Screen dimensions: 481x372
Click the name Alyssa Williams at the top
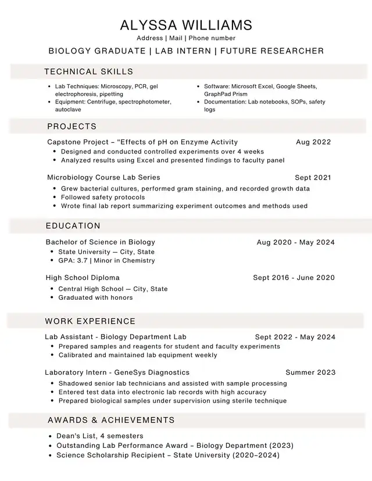click(x=186, y=24)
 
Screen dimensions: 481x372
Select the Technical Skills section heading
click(x=89, y=71)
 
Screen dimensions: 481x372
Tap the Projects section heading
click(x=72, y=126)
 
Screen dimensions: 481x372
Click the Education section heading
click(x=73, y=225)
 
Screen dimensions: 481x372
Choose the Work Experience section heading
click(x=90, y=321)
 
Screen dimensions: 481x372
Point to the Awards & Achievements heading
click(x=111, y=420)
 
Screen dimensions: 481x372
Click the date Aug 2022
click(x=313, y=142)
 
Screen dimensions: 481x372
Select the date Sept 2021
click(x=313, y=177)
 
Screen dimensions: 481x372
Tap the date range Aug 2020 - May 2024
click(x=296, y=242)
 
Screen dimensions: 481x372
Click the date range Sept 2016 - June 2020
click(x=294, y=278)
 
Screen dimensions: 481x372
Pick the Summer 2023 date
click(x=310, y=372)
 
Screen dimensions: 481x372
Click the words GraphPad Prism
click(x=226, y=94)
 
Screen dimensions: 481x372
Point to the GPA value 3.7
click(x=83, y=260)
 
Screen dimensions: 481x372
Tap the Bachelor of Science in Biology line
click(x=101, y=242)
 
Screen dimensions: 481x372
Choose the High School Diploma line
click(x=83, y=278)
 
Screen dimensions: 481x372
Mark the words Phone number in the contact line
click(x=215, y=38)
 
